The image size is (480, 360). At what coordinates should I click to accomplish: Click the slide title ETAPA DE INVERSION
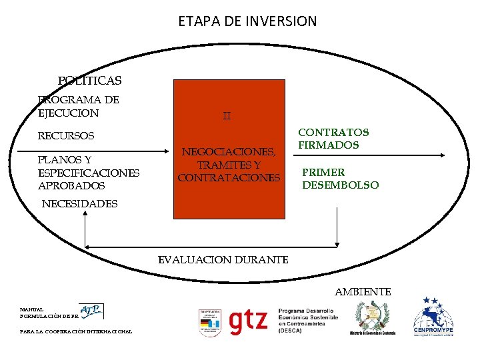247,21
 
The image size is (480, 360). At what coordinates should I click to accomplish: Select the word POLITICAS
89,81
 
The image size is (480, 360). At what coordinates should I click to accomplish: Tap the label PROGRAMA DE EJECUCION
79,107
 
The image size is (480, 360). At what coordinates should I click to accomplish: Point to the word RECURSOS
66,136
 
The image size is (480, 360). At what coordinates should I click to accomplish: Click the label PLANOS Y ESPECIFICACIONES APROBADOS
89,173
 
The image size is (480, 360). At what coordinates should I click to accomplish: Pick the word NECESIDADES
79,204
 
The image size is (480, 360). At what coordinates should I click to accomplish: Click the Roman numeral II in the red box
227,116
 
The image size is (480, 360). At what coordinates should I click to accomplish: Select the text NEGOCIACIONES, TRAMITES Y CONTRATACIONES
229,165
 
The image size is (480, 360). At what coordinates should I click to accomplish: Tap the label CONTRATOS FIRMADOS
333,139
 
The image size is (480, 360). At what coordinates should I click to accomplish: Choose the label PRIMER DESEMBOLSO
340,179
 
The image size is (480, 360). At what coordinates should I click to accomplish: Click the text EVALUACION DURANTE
223,260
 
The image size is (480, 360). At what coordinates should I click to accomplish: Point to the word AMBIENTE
363,292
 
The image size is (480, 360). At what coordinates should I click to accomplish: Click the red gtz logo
248,321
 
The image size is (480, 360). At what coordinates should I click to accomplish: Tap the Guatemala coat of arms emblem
369,316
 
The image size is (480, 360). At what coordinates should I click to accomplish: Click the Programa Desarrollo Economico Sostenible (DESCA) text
308,321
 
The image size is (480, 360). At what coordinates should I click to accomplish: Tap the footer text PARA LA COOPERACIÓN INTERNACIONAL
76,331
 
